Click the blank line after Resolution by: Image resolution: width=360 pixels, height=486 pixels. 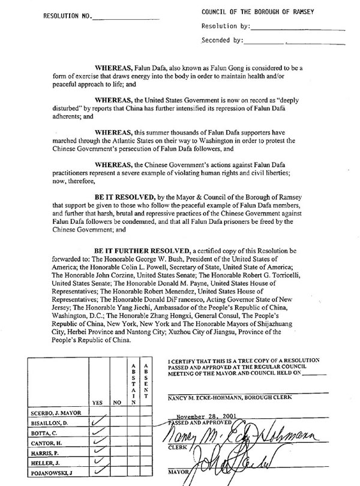pyautogui.click(x=298, y=28)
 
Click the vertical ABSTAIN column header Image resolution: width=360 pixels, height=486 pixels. pyautogui.click(x=134, y=383)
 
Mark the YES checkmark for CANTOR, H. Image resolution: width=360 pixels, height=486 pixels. pyautogui.click(x=98, y=445)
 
